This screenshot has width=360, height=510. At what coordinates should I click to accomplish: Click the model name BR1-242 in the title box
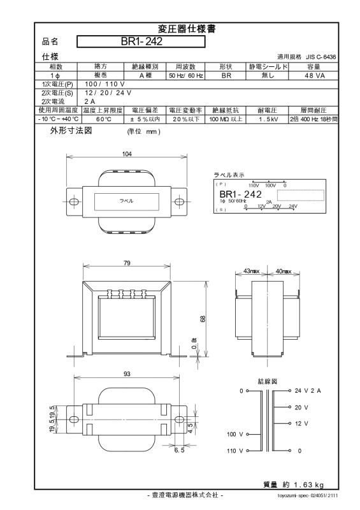tap(141, 41)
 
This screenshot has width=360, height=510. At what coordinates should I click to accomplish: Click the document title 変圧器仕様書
tap(187, 29)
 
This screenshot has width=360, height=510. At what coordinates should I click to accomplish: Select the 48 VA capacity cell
tap(315, 75)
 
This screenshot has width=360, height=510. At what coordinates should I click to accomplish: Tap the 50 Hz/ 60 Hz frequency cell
tap(185, 75)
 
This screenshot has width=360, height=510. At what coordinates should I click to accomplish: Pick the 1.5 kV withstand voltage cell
tap(268, 119)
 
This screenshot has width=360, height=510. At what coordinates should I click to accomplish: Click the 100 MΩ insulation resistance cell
tap(226, 119)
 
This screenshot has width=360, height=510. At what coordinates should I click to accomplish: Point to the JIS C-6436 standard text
tap(320, 57)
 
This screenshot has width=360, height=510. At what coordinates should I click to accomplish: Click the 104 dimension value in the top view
tap(127, 154)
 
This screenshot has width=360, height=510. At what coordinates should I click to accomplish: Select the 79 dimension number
tap(127, 263)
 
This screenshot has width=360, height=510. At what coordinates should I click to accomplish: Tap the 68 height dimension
tap(203, 319)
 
